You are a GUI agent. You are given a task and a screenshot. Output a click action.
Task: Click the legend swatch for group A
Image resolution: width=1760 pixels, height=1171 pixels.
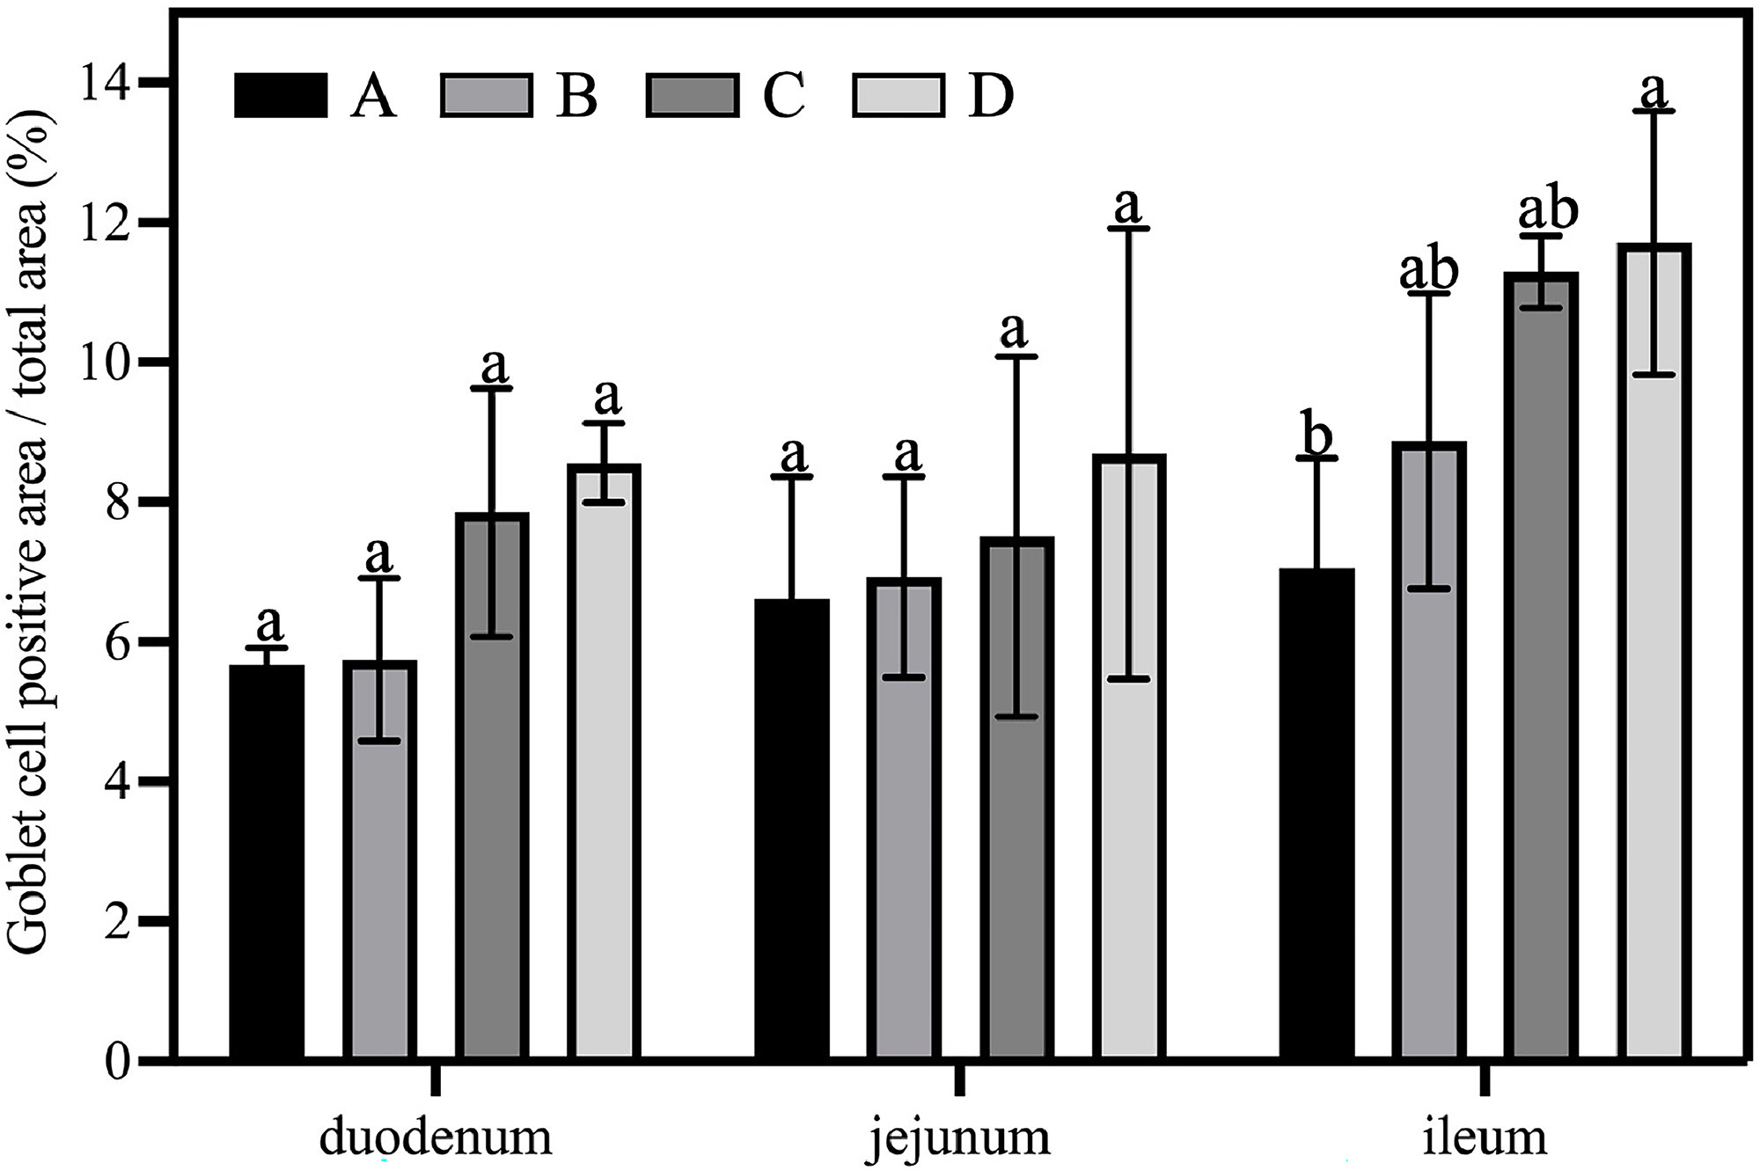pos(281,95)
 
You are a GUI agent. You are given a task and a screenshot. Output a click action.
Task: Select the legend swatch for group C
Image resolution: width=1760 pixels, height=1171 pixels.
pos(692,95)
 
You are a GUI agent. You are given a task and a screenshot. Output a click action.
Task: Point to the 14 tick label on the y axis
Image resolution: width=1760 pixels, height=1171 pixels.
pos(104,83)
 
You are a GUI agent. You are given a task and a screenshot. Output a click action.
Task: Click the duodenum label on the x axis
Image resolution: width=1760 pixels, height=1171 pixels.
pos(436,1136)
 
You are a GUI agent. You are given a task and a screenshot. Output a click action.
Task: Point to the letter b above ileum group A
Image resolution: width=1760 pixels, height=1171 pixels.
pos(1316,436)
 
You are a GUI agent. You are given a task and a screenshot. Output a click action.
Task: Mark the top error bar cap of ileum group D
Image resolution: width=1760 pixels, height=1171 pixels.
pos(1654,111)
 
